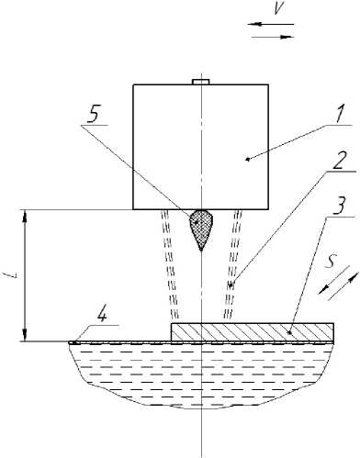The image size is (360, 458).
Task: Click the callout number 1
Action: point(340,114)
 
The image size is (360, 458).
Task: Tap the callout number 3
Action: point(339,206)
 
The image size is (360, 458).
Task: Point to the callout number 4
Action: point(102,314)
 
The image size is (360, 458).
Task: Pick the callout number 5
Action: point(93,114)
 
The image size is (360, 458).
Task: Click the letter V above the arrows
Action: point(278,8)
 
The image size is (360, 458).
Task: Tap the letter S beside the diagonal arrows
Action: point(330,263)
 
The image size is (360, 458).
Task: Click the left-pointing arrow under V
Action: point(271,24)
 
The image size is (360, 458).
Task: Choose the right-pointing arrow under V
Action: point(273,37)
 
